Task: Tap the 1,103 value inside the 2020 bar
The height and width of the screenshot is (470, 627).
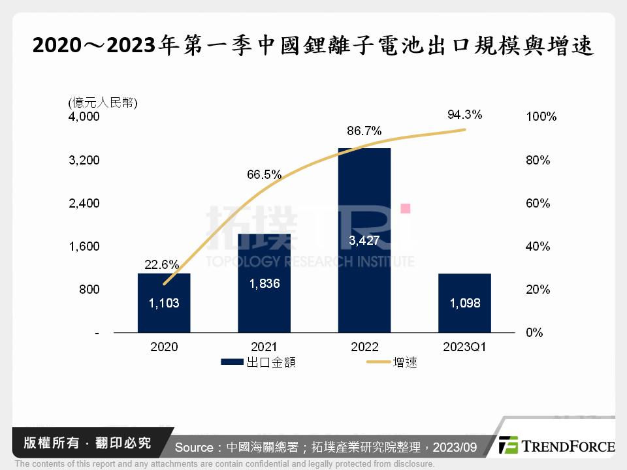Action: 164,304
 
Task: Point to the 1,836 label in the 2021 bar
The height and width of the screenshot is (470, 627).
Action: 264,284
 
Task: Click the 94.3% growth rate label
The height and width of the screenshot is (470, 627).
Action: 464,115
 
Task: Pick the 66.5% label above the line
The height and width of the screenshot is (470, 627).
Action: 264,174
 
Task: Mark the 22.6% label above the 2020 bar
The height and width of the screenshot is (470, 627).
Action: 161,264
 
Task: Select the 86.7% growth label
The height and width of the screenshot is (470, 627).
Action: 364,131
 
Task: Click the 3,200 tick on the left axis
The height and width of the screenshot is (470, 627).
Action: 84,161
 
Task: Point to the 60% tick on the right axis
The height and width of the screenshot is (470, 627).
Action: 538,204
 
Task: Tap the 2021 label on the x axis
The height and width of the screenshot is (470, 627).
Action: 264,347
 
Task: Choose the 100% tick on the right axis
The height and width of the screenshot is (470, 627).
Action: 540,117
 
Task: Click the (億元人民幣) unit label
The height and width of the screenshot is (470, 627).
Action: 103,102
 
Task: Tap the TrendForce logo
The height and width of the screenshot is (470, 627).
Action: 556,446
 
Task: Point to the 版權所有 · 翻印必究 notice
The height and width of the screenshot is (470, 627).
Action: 87,443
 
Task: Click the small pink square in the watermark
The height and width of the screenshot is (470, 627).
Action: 405,208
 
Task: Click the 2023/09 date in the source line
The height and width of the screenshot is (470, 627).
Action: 455,447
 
